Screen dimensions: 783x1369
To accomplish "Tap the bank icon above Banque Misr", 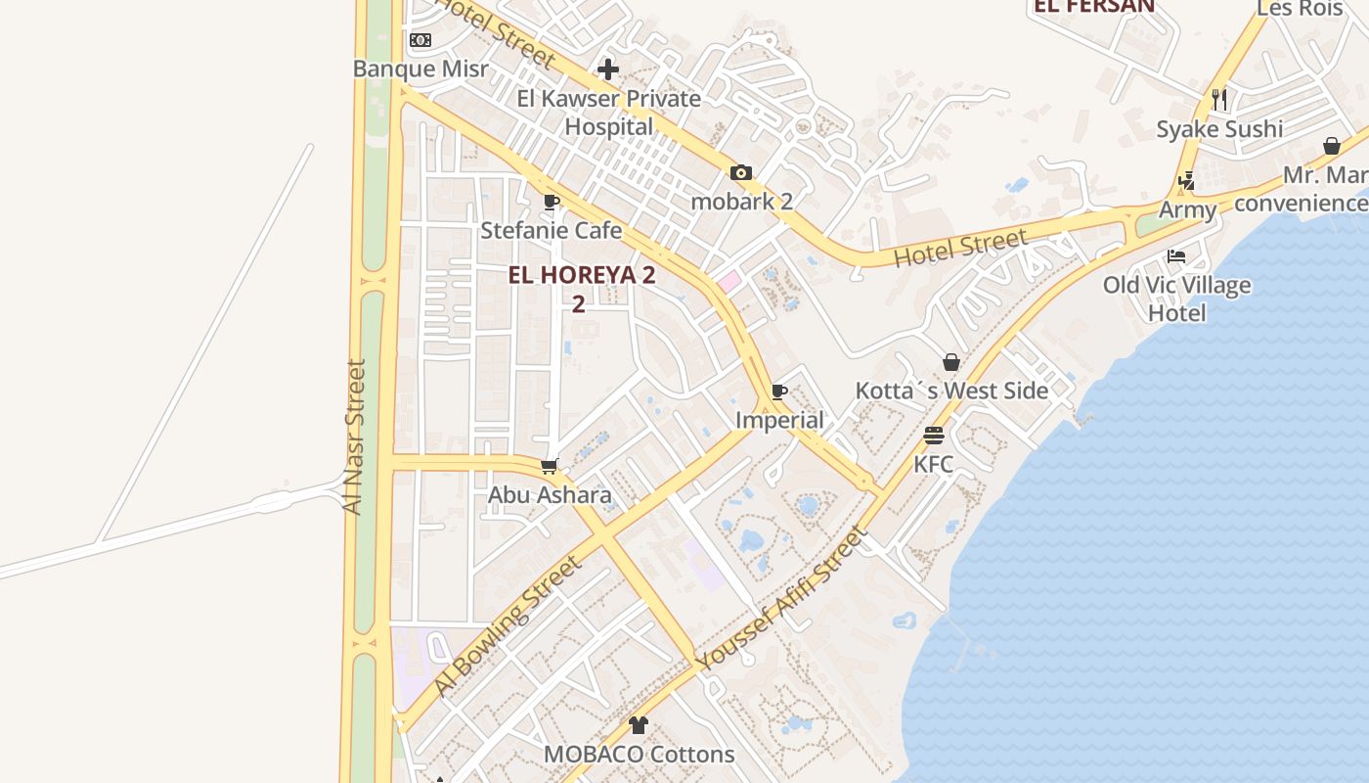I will coord(420,40).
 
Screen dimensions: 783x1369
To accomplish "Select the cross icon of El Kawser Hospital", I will coord(608,69).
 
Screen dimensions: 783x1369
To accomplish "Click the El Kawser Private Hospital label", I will coord(609,113).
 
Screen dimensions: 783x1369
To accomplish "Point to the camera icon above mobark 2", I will coord(741,173).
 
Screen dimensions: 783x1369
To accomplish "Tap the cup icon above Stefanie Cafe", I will coord(552,202).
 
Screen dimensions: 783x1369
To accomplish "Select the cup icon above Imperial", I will coord(779,392).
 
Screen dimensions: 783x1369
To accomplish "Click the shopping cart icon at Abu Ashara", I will coord(550,466).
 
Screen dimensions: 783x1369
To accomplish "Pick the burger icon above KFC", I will coord(934,436).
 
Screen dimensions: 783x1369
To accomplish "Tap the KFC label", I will coord(934,464).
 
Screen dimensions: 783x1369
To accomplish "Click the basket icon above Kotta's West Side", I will coord(951,362).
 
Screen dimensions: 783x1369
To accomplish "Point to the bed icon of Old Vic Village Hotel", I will coord(1176,256).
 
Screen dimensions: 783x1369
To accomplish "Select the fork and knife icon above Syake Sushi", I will coord(1219,100).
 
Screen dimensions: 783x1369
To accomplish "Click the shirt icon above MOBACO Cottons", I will coord(639,725).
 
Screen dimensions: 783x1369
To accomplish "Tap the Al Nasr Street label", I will coord(354,437).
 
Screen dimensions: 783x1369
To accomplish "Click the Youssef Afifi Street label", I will coord(781,599).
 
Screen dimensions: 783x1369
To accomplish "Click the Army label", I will coord(1188,209).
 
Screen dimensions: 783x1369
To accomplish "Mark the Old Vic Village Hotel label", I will coord(1176,299).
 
